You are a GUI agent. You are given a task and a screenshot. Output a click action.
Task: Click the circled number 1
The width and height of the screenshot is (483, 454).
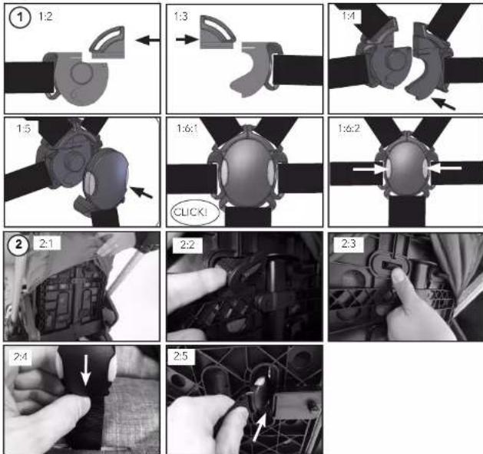20,18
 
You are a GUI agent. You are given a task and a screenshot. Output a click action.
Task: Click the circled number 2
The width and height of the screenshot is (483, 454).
18,245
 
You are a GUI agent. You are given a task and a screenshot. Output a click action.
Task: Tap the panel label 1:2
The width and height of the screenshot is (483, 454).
45,16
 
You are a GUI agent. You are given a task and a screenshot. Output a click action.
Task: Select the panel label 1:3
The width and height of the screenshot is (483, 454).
180,16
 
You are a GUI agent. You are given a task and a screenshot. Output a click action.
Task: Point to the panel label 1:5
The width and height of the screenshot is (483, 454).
23,128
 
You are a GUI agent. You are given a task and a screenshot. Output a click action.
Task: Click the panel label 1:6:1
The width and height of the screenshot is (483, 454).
187,128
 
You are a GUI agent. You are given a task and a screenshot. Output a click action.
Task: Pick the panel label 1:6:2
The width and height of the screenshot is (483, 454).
349,128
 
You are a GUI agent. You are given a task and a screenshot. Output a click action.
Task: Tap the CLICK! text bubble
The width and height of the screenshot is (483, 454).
195,212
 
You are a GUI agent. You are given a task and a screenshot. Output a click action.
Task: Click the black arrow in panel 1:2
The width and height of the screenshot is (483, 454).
147,40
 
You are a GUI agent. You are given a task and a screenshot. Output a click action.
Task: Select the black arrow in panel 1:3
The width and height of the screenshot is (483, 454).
187,39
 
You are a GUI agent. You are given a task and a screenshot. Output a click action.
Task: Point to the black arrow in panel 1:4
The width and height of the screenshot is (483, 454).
443,104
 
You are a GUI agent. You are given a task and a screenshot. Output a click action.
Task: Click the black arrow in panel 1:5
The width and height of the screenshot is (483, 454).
141,192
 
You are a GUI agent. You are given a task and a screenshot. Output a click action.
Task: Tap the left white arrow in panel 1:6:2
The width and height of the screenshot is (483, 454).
369,169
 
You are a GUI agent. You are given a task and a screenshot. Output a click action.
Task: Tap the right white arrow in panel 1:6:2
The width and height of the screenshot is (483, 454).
445,168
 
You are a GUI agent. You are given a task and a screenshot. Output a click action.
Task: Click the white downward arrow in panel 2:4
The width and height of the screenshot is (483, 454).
86,370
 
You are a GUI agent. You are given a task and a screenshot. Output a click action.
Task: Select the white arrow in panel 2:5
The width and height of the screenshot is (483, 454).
260,428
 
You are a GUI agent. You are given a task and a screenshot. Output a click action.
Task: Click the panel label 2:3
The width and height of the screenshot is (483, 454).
349,244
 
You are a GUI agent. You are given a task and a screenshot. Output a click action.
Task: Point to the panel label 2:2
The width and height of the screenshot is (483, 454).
187,245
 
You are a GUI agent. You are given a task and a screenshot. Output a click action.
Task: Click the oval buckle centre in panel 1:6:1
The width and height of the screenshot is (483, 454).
246,173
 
